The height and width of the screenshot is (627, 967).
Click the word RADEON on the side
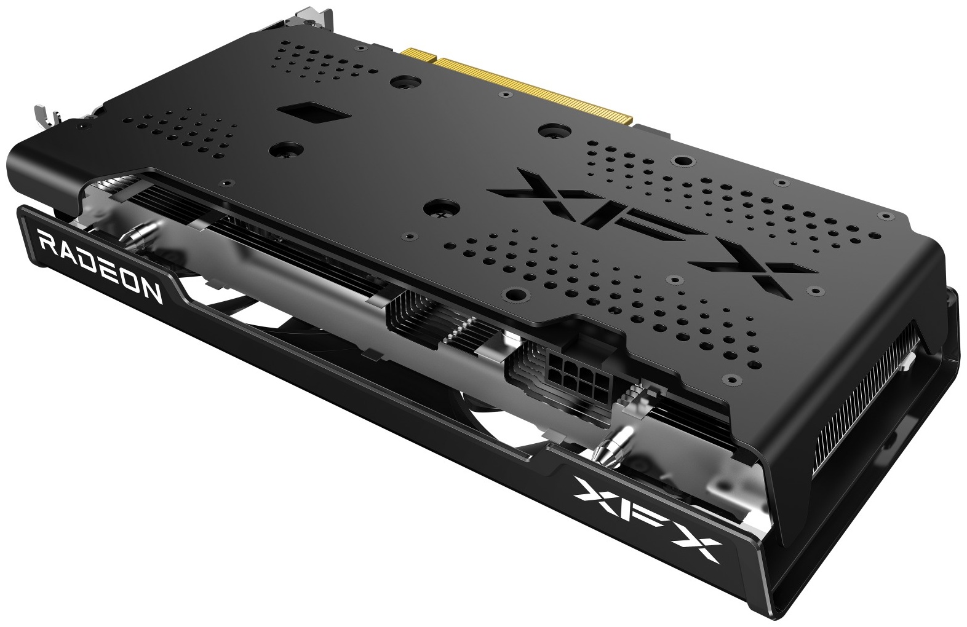tap(100, 266)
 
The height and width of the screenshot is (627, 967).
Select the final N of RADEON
tap(151, 290)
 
